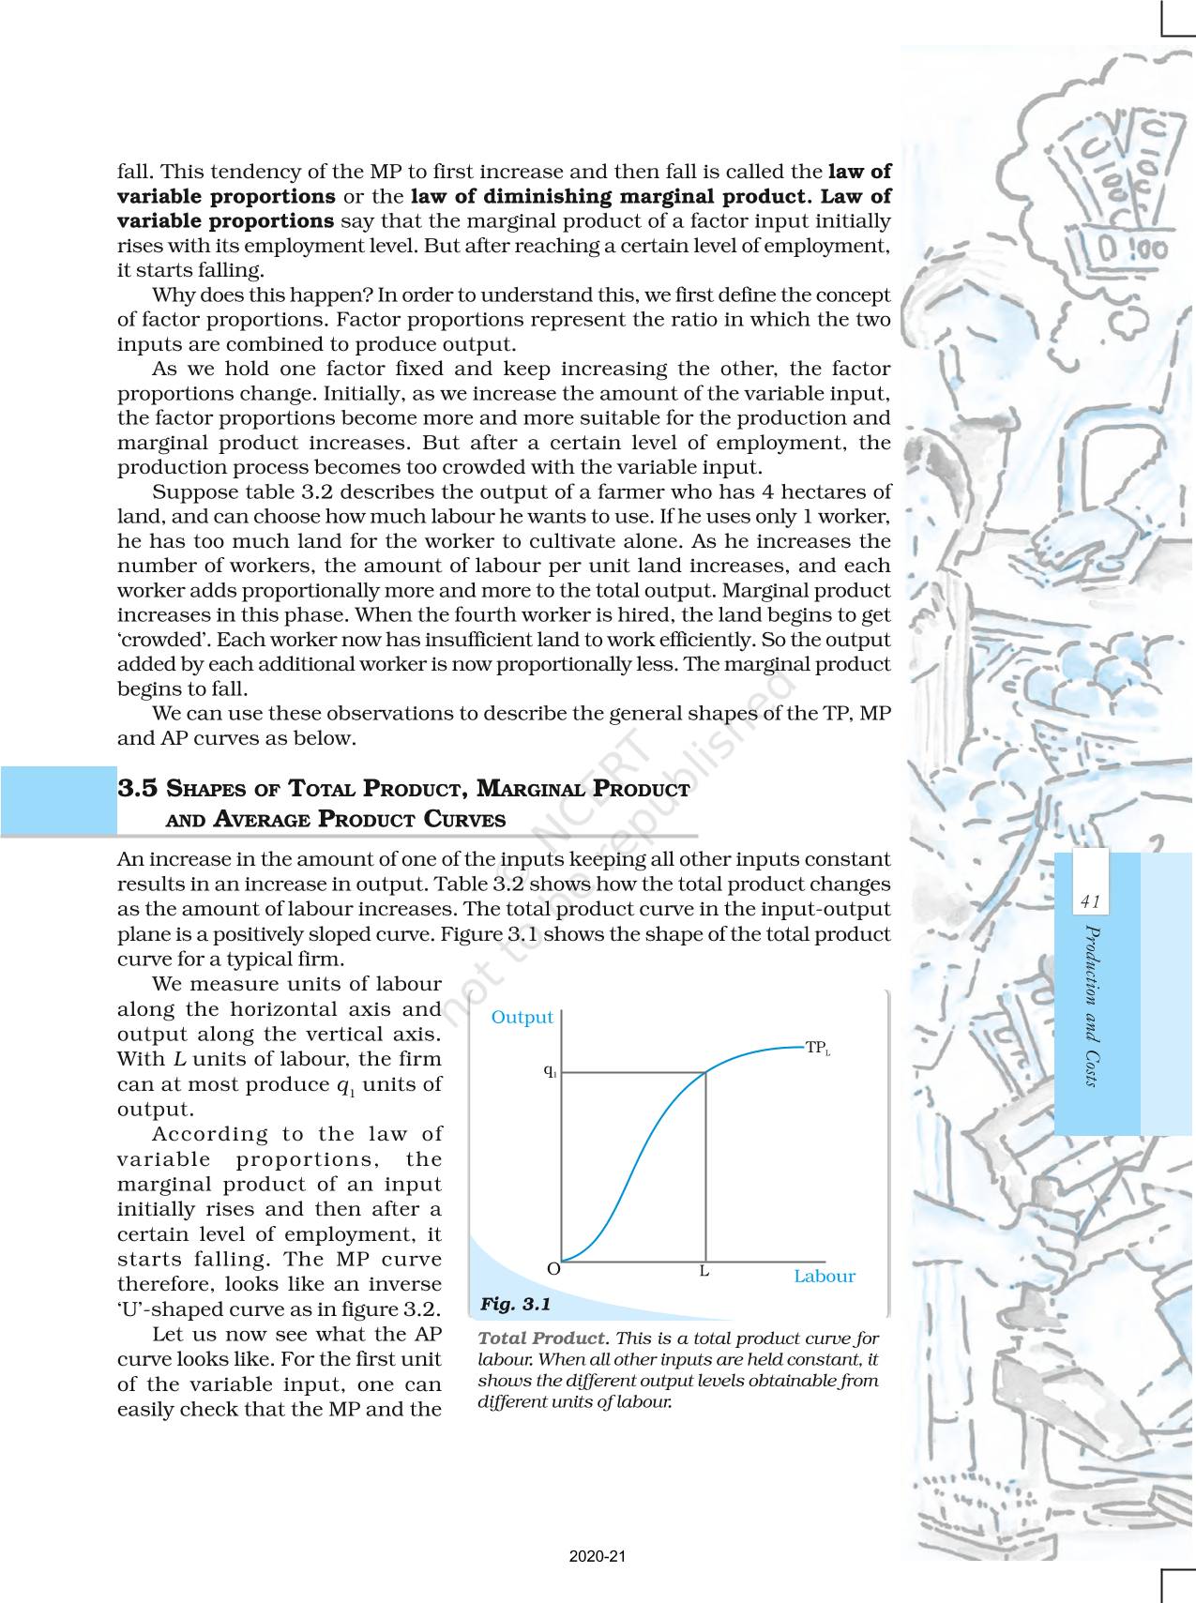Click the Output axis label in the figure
522,1018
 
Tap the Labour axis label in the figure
824,1277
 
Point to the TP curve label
818,1049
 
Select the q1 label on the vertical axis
550,1071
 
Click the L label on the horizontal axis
704,1273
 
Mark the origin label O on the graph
553,1269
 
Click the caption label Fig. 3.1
515,1305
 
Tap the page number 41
1089,902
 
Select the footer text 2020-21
598,1556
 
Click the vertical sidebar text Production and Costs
1090,1005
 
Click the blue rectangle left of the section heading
57,801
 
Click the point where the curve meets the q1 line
705,1072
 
